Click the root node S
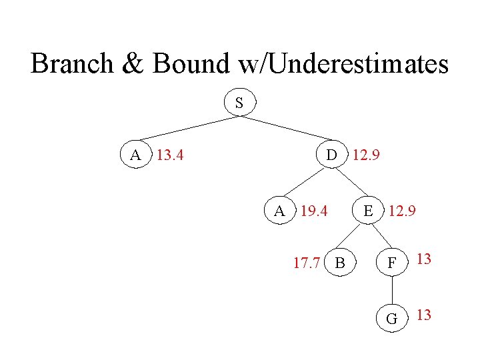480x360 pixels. coord(239,103)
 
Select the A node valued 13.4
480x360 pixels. coord(136,155)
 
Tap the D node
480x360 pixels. coord(331,155)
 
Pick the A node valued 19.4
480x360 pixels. coord(280,211)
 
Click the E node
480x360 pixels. coord(367,211)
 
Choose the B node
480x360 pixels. coord(340,263)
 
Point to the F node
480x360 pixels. coord(393,263)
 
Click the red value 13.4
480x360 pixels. coord(170,156)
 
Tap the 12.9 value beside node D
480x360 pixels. coord(366,156)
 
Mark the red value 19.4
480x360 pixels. coord(314,212)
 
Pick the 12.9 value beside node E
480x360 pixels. coord(403,212)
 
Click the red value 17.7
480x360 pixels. coord(307,263)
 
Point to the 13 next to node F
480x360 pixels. coord(424,259)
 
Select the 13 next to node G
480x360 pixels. coord(424,314)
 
